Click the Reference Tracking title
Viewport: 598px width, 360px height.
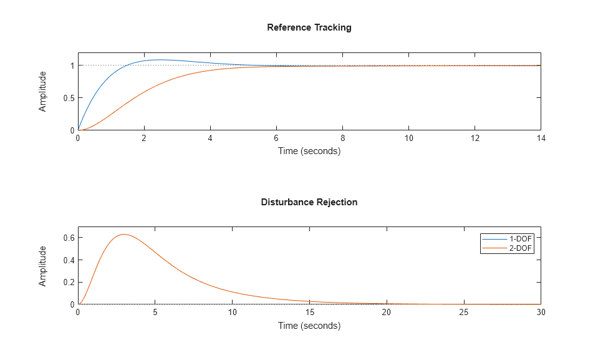point(309,27)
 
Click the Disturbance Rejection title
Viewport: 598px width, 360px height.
point(309,202)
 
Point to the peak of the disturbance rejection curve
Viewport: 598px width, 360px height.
point(124,235)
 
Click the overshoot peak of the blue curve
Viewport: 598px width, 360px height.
point(160,60)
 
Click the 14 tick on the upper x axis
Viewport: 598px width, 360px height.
point(541,139)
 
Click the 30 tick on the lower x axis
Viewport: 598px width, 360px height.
point(541,313)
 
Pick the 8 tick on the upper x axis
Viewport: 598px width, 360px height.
point(342,139)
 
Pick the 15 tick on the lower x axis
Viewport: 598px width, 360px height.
point(309,313)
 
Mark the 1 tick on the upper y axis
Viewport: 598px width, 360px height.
point(72,66)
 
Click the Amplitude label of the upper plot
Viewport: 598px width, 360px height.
point(42,91)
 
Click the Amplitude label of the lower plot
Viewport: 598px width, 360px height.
point(42,266)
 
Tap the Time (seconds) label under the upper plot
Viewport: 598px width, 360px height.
point(309,151)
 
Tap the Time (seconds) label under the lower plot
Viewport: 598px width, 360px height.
point(309,326)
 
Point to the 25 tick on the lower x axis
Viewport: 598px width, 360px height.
point(463,313)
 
